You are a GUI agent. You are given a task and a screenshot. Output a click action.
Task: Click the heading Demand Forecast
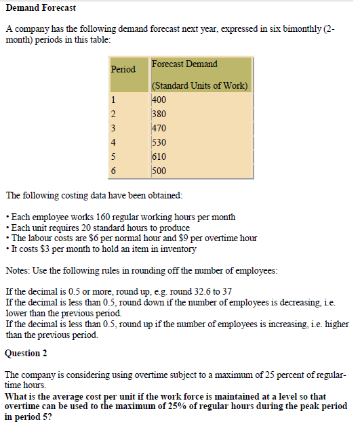(x=40, y=7)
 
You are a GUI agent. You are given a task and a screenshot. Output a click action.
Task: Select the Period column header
(x=123, y=69)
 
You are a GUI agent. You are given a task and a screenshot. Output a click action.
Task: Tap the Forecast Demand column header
(x=185, y=64)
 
